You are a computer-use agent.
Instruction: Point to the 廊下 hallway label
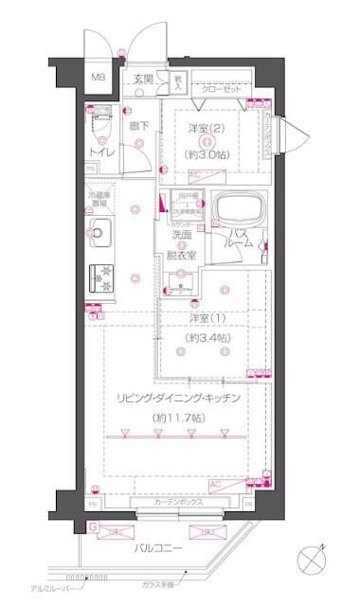point(139,123)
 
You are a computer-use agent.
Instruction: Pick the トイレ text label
point(102,151)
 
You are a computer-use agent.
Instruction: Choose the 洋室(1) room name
point(205,319)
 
